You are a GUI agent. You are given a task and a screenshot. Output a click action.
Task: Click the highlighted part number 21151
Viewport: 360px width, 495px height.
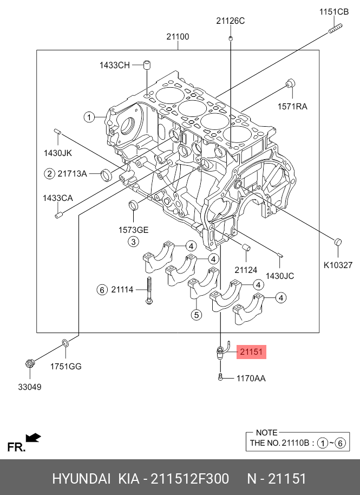[252, 351]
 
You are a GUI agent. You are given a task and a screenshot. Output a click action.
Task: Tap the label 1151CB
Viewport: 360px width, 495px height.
[334, 12]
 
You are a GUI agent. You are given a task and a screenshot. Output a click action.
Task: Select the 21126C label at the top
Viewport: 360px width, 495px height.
[230, 21]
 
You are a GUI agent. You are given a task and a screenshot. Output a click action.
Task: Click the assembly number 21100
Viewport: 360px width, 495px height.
[178, 37]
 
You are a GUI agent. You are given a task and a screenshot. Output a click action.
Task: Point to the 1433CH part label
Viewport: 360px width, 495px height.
[115, 66]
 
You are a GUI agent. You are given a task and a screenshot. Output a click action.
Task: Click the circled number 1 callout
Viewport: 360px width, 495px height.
[89, 118]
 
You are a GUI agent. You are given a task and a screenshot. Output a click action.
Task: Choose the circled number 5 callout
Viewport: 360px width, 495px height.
[197, 315]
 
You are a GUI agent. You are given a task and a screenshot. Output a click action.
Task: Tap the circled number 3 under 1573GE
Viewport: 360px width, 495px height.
[134, 242]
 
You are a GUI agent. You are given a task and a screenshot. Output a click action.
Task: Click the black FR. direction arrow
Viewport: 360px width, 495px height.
[33, 438]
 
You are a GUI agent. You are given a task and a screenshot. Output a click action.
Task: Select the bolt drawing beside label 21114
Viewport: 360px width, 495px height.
[149, 290]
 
